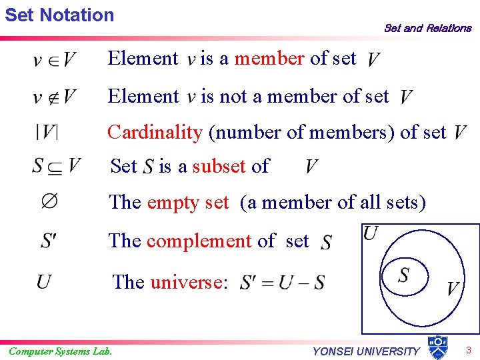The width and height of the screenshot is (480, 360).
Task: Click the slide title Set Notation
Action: [x=59, y=15]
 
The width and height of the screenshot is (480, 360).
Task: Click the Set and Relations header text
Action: [x=427, y=28]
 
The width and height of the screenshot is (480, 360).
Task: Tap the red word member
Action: [x=269, y=59]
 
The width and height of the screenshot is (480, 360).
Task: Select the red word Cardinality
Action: [x=155, y=132]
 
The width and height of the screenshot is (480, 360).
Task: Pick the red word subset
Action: [x=219, y=165]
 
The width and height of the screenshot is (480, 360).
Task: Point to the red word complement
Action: [x=199, y=240]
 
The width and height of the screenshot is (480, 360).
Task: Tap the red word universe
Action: [x=185, y=282]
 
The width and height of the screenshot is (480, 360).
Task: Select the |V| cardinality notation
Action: [x=47, y=132]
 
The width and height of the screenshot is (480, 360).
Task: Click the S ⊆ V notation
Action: [x=56, y=165]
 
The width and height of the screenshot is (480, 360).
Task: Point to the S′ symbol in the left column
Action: [x=48, y=240]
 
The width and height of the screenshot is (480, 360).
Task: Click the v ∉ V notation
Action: [x=53, y=98]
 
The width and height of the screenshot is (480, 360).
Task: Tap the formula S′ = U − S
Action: [x=282, y=283]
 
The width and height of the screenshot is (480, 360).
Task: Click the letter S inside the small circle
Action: [x=404, y=274]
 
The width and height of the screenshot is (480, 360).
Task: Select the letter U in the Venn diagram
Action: [x=371, y=233]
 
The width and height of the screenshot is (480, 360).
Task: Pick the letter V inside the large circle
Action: [x=453, y=289]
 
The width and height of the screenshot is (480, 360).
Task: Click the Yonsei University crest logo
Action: [x=437, y=347]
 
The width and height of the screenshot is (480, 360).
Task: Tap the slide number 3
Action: [x=469, y=350]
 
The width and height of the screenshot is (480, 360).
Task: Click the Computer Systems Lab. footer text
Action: [x=60, y=351]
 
